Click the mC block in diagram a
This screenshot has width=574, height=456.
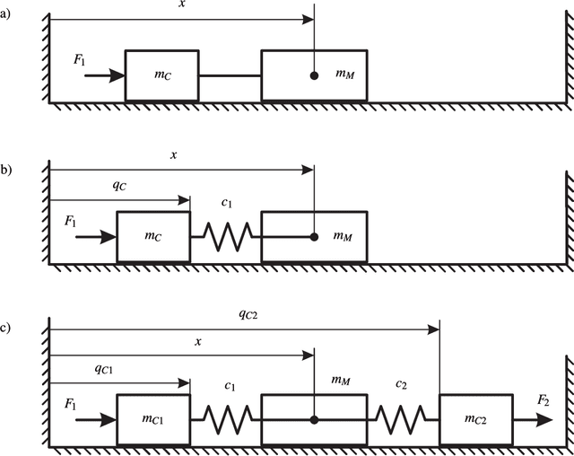pyautogui.click(x=161, y=75)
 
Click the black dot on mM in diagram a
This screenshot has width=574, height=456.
pyautogui.click(x=314, y=75)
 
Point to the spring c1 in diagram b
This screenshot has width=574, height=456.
pyautogui.click(x=225, y=237)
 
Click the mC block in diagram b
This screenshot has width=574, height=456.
pyautogui.click(x=153, y=237)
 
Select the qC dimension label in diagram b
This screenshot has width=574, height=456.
pyautogui.click(x=118, y=185)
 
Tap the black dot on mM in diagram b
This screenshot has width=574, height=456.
pyautogui.click(x=314, y=237)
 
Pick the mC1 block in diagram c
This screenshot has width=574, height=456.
pyautogui.click(x=153, y=419)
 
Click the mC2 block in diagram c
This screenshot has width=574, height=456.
pyautogui.click(x=476, y=419)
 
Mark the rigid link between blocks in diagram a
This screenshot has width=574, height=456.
pyautogui.click(x=230, y=75)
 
